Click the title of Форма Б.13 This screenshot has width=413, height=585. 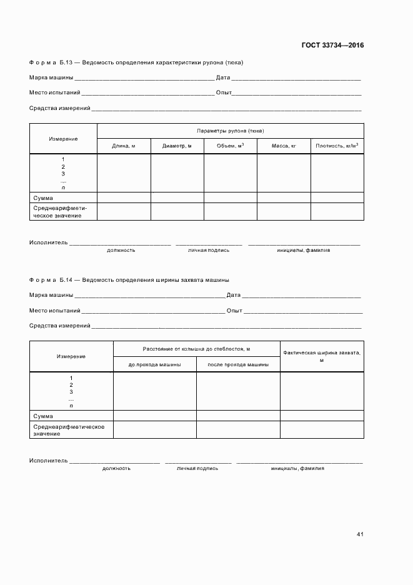(x=136, y=62)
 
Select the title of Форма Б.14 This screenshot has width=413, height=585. (x=129, y=280)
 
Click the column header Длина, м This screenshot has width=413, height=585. (x=123, y=146)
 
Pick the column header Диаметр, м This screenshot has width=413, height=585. (x=177, y=146)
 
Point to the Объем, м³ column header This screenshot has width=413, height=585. (x=230, y=146)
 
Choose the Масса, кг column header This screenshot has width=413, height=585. (x=284, y=146)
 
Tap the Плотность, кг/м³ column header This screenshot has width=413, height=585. (x=337, y=146)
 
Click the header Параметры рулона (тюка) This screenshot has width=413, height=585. (x=230, y=131)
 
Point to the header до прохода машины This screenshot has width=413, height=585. (x=155, y=364)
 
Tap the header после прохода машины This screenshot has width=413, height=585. (x=238, y=364)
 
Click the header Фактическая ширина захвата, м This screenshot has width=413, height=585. (x=321, y=356)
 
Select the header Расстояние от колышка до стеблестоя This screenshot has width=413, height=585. (x=196, y=349)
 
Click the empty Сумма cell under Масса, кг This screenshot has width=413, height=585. (x=284, y=197)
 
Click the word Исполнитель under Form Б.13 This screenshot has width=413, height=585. (x=48, y=242)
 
